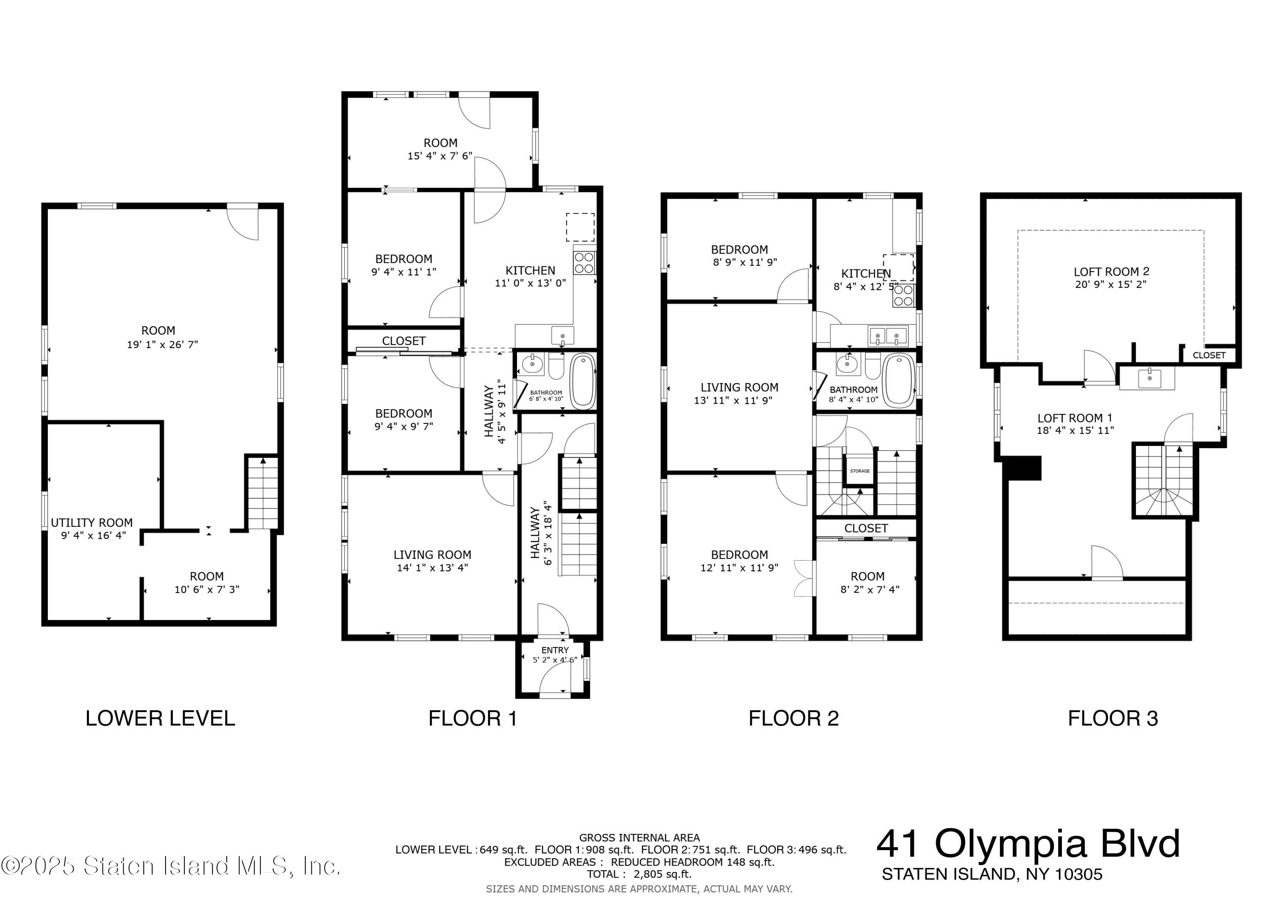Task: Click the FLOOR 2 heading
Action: [x=793, y=718]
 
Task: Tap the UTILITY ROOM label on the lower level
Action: [x=92, y=523]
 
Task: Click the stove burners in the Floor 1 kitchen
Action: [x=584, y=263]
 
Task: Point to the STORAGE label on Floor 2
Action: [x=860, y=471]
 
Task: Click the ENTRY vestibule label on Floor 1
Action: [x=554, y=650]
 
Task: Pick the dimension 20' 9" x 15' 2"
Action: [x=1110, y=284]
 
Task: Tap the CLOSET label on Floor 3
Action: [x=1209, y=355]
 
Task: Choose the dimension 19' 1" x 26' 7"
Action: [x=162, y=345]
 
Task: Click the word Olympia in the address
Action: [x=1010, y=844]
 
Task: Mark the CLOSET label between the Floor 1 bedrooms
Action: [x=403, y=341]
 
